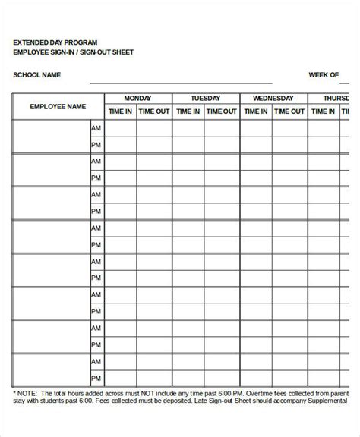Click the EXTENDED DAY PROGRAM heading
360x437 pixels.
click(55, 42)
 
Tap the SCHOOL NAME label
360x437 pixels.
click(37, 75)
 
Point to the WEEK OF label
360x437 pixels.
click(324, 75)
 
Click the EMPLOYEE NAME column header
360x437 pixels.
click(58, 106)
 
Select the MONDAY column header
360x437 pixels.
click(137, 99)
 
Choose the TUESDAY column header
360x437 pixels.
click(206, 99)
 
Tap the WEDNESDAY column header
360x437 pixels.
click(273, 99)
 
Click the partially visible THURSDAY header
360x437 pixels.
click(336, 99)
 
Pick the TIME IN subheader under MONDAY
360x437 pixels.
click(121, 112)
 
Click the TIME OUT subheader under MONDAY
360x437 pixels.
click(154, 112)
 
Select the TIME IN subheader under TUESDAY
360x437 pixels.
click(188, 112)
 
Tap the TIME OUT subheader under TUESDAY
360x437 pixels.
click(222, 112)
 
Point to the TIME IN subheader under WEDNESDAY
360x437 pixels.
click(256, 112)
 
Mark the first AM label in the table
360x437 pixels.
click(96, 129)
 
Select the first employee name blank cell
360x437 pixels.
click(51, 137)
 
